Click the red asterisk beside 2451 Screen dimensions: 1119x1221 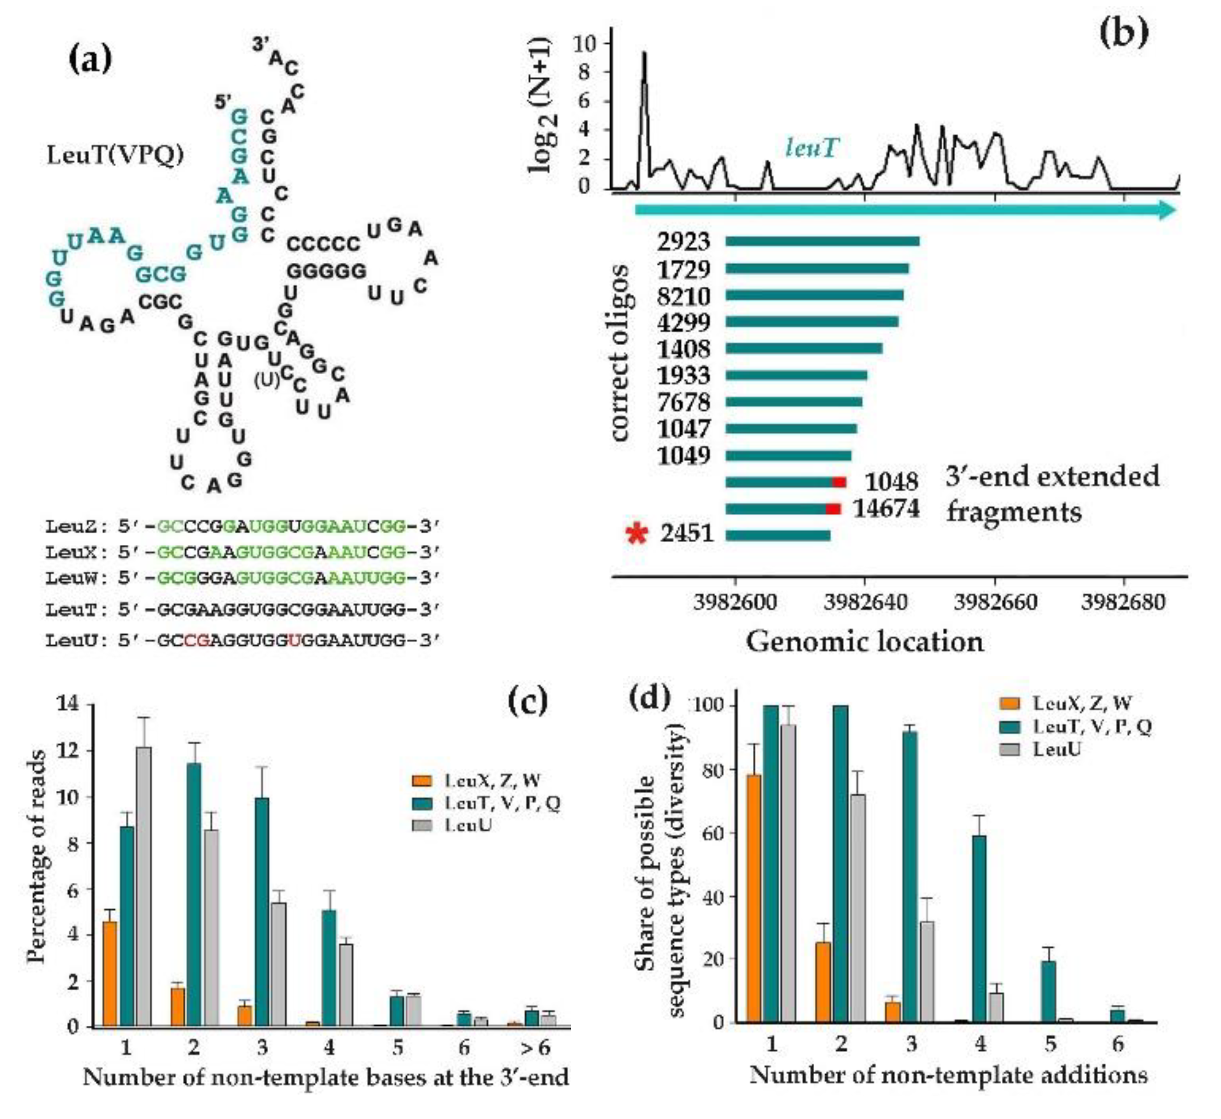coord(636,534)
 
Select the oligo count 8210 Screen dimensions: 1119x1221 coord(684,296)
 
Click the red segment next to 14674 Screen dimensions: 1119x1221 coord(833,509)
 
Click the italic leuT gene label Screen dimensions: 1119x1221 coord(812,147)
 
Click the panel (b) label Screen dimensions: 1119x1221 coord(1124,34)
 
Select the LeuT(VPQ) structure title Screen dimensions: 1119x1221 coord(115,156)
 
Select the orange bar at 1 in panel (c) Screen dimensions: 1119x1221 coord(110,974)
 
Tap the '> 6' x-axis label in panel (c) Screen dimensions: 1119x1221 coord(536,1047)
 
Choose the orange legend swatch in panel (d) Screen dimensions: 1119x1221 coord(1009,703)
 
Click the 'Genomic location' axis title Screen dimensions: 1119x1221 coord(864,641)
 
